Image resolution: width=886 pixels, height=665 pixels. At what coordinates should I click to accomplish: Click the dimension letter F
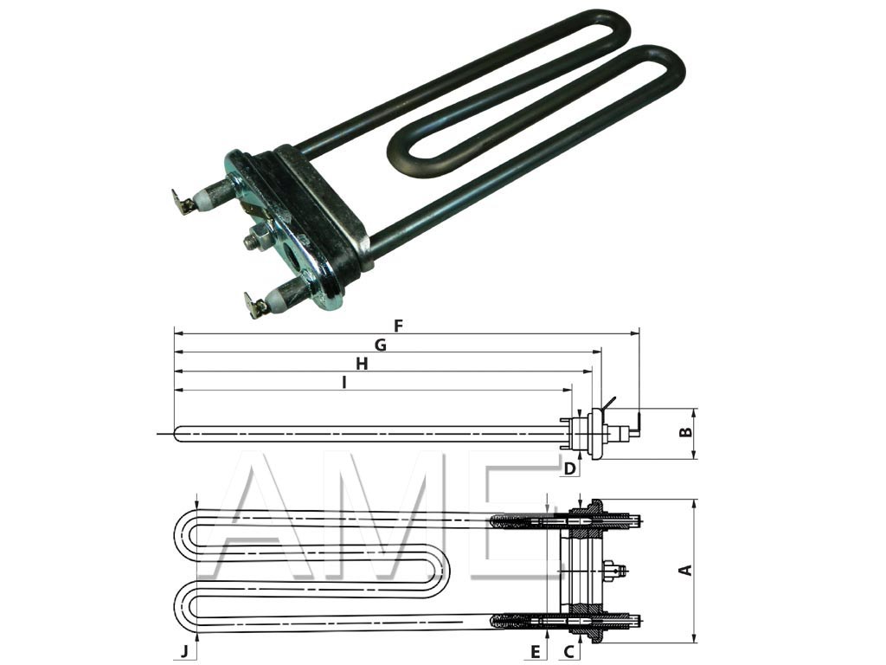pos(398,326)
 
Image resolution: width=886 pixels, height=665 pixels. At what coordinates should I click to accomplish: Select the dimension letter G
pos(380,345)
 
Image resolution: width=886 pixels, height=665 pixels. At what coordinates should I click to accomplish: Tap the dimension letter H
pos(362,365)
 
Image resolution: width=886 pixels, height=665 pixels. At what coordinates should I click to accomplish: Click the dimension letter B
pos(685,432)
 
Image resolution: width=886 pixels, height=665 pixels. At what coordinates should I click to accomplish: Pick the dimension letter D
pos(569,469)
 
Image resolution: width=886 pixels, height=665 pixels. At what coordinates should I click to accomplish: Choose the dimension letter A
pos(684,570)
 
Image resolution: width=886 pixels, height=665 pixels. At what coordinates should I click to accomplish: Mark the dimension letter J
pos(183,651)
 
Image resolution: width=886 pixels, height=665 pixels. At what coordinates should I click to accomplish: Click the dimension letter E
pos(536,651)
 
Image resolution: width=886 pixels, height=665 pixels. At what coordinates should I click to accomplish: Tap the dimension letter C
pos(569,651)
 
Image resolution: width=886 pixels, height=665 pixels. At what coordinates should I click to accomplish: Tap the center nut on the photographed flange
pos(257,236)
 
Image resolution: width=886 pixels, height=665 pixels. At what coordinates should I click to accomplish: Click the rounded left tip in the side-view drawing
pos(177,433)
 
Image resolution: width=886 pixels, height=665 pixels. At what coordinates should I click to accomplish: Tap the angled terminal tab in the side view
pos(611,403)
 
